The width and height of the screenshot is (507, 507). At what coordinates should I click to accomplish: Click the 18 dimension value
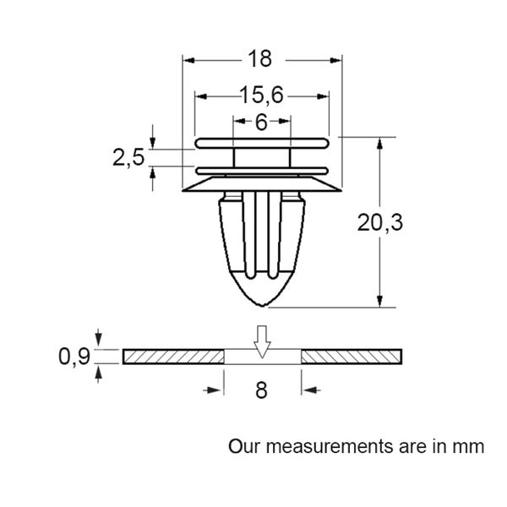[x=259, y=59]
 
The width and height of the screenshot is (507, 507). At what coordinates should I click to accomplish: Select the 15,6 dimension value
[x=261, y=95]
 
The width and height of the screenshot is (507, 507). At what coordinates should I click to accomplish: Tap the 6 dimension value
[x=261, y=123]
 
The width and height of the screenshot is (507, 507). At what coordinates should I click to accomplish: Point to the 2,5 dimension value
[x=128, y=158]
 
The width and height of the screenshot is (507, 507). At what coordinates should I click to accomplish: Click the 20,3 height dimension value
[x=380, y=223]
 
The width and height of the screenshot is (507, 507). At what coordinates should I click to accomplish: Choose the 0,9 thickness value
[x=74, y=357]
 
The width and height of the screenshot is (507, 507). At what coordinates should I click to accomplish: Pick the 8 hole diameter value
[x=261, y=390]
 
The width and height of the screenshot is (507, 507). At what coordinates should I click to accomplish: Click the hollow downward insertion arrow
[x=262, y=341]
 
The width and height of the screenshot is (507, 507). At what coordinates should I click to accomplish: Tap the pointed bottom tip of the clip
[x=262, y=306]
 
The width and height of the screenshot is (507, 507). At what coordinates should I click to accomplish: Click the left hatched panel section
[x=173, y=357]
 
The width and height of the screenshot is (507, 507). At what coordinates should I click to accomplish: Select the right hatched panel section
[x=352, y=357]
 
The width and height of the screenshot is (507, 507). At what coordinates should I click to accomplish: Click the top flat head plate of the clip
[x=262, y=144]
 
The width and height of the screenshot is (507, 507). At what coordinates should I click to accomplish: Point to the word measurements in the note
[x=330, y=446]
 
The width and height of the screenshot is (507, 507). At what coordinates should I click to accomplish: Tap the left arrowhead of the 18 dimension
[x=188, y=61]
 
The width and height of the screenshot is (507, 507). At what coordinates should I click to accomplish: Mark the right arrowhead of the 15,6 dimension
[x=323, y=96]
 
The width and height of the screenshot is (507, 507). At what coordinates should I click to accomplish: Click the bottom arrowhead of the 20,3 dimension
[x=380, y=301]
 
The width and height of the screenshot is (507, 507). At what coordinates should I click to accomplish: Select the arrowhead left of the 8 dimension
[x=214, y=390]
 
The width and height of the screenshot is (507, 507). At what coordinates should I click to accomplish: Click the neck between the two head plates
[x=262, y=158]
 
